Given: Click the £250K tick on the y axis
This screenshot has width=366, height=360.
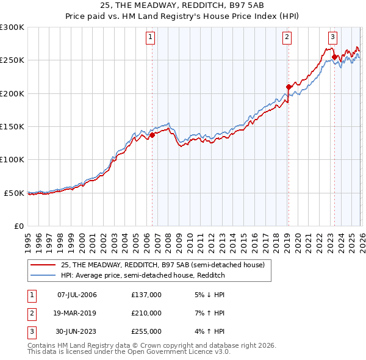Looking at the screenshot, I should (x=12, y=60).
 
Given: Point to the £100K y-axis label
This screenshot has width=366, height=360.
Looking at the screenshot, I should (x=12, y=159).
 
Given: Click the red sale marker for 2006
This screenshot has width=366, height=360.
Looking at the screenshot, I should (x=152, y=135).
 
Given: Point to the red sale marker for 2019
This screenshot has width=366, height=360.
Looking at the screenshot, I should (x=289, y=87).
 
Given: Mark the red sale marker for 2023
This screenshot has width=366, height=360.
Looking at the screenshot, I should (x=334, y=57).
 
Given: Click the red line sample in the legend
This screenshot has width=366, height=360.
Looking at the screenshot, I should (x=44, y=265).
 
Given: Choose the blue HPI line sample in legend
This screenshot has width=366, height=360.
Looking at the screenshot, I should (x=44, y=275).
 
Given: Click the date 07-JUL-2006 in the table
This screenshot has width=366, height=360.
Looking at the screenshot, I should (x=77, y=295).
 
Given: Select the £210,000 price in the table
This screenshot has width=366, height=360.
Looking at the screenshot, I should (x=146, y=313).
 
